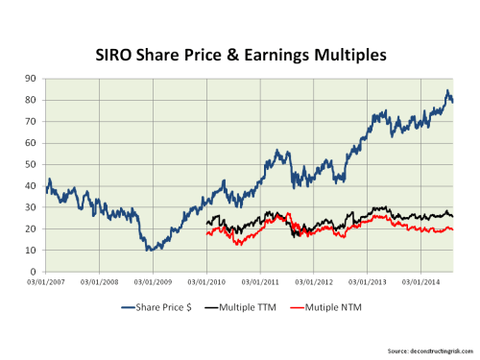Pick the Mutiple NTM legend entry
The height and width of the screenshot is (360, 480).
[x=340, y=308]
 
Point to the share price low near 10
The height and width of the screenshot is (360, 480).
[x=149, y=250]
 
